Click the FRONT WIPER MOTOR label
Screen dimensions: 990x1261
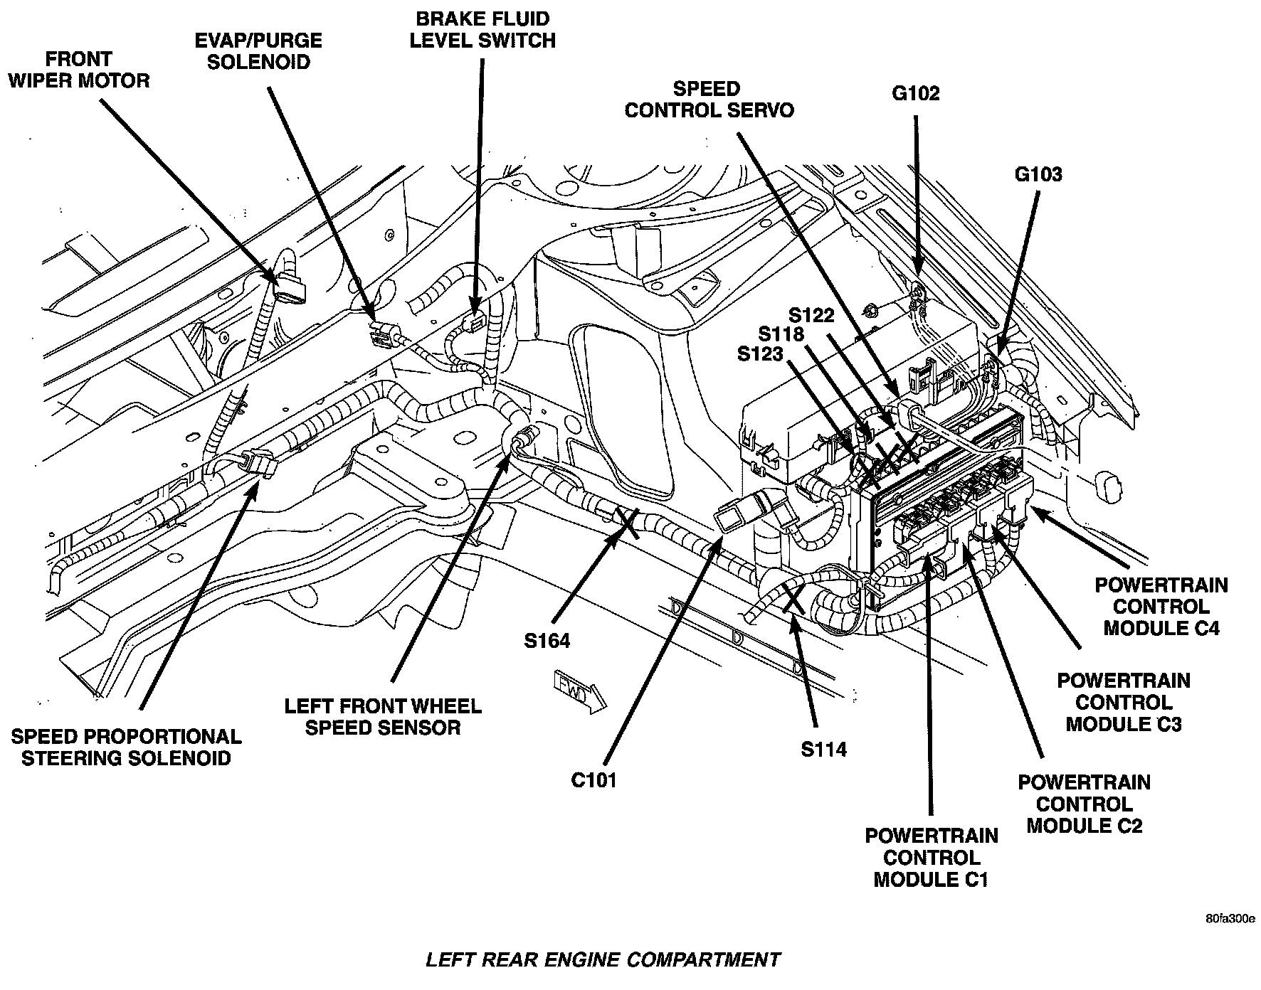[x=78, y=69]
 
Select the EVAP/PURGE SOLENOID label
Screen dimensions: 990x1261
[x=258, y=50]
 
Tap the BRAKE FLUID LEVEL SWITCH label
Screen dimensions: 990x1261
[x=482, y=29]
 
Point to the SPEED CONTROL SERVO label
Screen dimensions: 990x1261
[x=709, y=100]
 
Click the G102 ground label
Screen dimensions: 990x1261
[x=915, y=93]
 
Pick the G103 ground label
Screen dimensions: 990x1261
[x=1038, y=174]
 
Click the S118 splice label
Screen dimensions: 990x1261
[x=781, y=334]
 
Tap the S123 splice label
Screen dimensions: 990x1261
[x=760, y=353]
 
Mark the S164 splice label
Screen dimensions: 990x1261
[x=547, y=641]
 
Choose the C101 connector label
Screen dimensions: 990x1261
[x=593, y=780]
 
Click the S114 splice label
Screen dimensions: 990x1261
[x=823, y=749]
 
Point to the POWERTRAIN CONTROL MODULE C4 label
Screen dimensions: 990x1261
[x=1161, y=606]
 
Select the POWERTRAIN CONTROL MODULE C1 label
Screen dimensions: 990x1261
[x=931, y=857]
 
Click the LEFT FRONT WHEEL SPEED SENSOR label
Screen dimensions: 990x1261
[x=383, y=717]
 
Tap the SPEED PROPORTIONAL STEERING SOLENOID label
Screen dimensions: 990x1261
[x=126, y=747]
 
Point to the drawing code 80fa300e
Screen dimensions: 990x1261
[x=1230, y=918]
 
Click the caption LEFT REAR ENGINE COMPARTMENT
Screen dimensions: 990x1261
[x=603, y=960]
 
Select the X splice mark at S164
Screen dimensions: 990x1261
[x=628, y=521]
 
